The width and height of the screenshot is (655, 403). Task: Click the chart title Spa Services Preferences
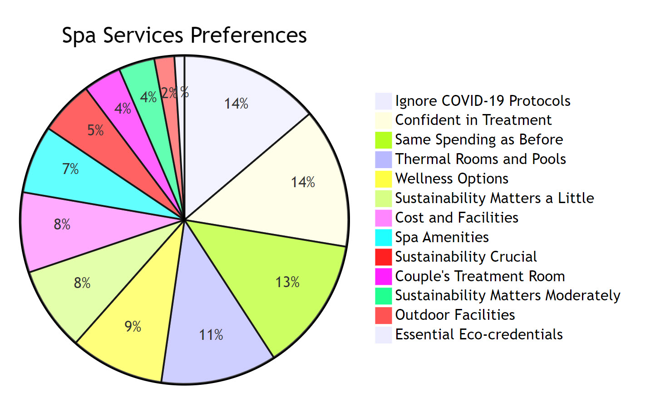click(184, 35)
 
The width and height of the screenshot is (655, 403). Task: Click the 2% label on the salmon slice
click(168, 93)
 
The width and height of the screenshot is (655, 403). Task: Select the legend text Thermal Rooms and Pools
click(480, 159)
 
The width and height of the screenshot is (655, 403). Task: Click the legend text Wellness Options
click(451, 179)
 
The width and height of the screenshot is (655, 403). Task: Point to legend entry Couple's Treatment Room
click(480, 276)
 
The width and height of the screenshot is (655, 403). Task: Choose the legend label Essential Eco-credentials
click(478, 334)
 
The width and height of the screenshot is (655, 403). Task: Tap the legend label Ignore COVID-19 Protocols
click(483, 101)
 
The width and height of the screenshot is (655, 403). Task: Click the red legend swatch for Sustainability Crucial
click(383, 257)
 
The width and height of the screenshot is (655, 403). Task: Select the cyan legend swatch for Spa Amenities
click(383, 237)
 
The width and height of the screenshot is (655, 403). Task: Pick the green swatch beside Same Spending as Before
click(383, 140)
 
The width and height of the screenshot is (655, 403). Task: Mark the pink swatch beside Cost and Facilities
click(383, 218)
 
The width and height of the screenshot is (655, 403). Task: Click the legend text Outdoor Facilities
click(455, 315)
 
